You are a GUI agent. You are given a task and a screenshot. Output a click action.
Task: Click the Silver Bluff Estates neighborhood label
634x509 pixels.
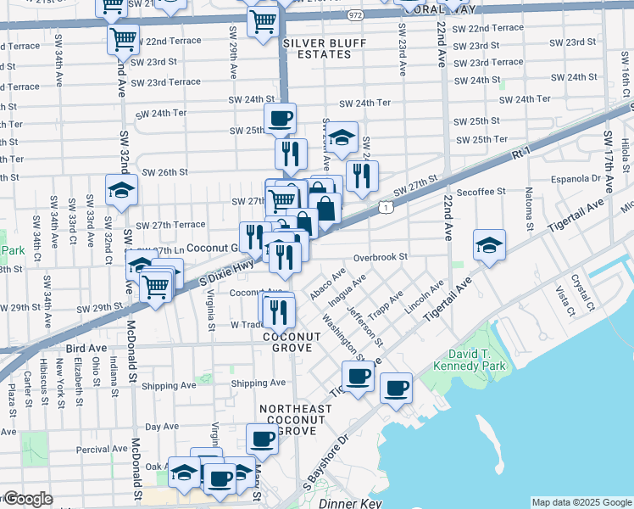pyautogui.click(x=317, y=48)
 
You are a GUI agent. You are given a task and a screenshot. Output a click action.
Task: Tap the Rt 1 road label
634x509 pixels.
pyautogui.click(x=521, y=153)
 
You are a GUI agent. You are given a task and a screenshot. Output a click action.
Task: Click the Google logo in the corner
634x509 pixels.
pyautogui.click(x=28, y=499)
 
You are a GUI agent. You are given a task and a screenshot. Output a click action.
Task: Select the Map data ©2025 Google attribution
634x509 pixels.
pyautogui.click(x=581, y=502)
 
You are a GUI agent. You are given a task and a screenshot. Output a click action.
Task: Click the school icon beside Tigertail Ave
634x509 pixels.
pyautogui.click(x=489, y=245)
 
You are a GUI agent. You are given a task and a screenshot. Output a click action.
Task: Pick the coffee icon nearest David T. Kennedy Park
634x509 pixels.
pyautogui.click(x=396, y=388)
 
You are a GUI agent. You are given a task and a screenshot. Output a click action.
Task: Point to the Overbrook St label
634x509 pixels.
pyautogui.click(x=381, y=256)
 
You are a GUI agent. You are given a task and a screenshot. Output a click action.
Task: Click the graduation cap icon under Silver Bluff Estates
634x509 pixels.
pyautogui.click(x=341, y=137)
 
